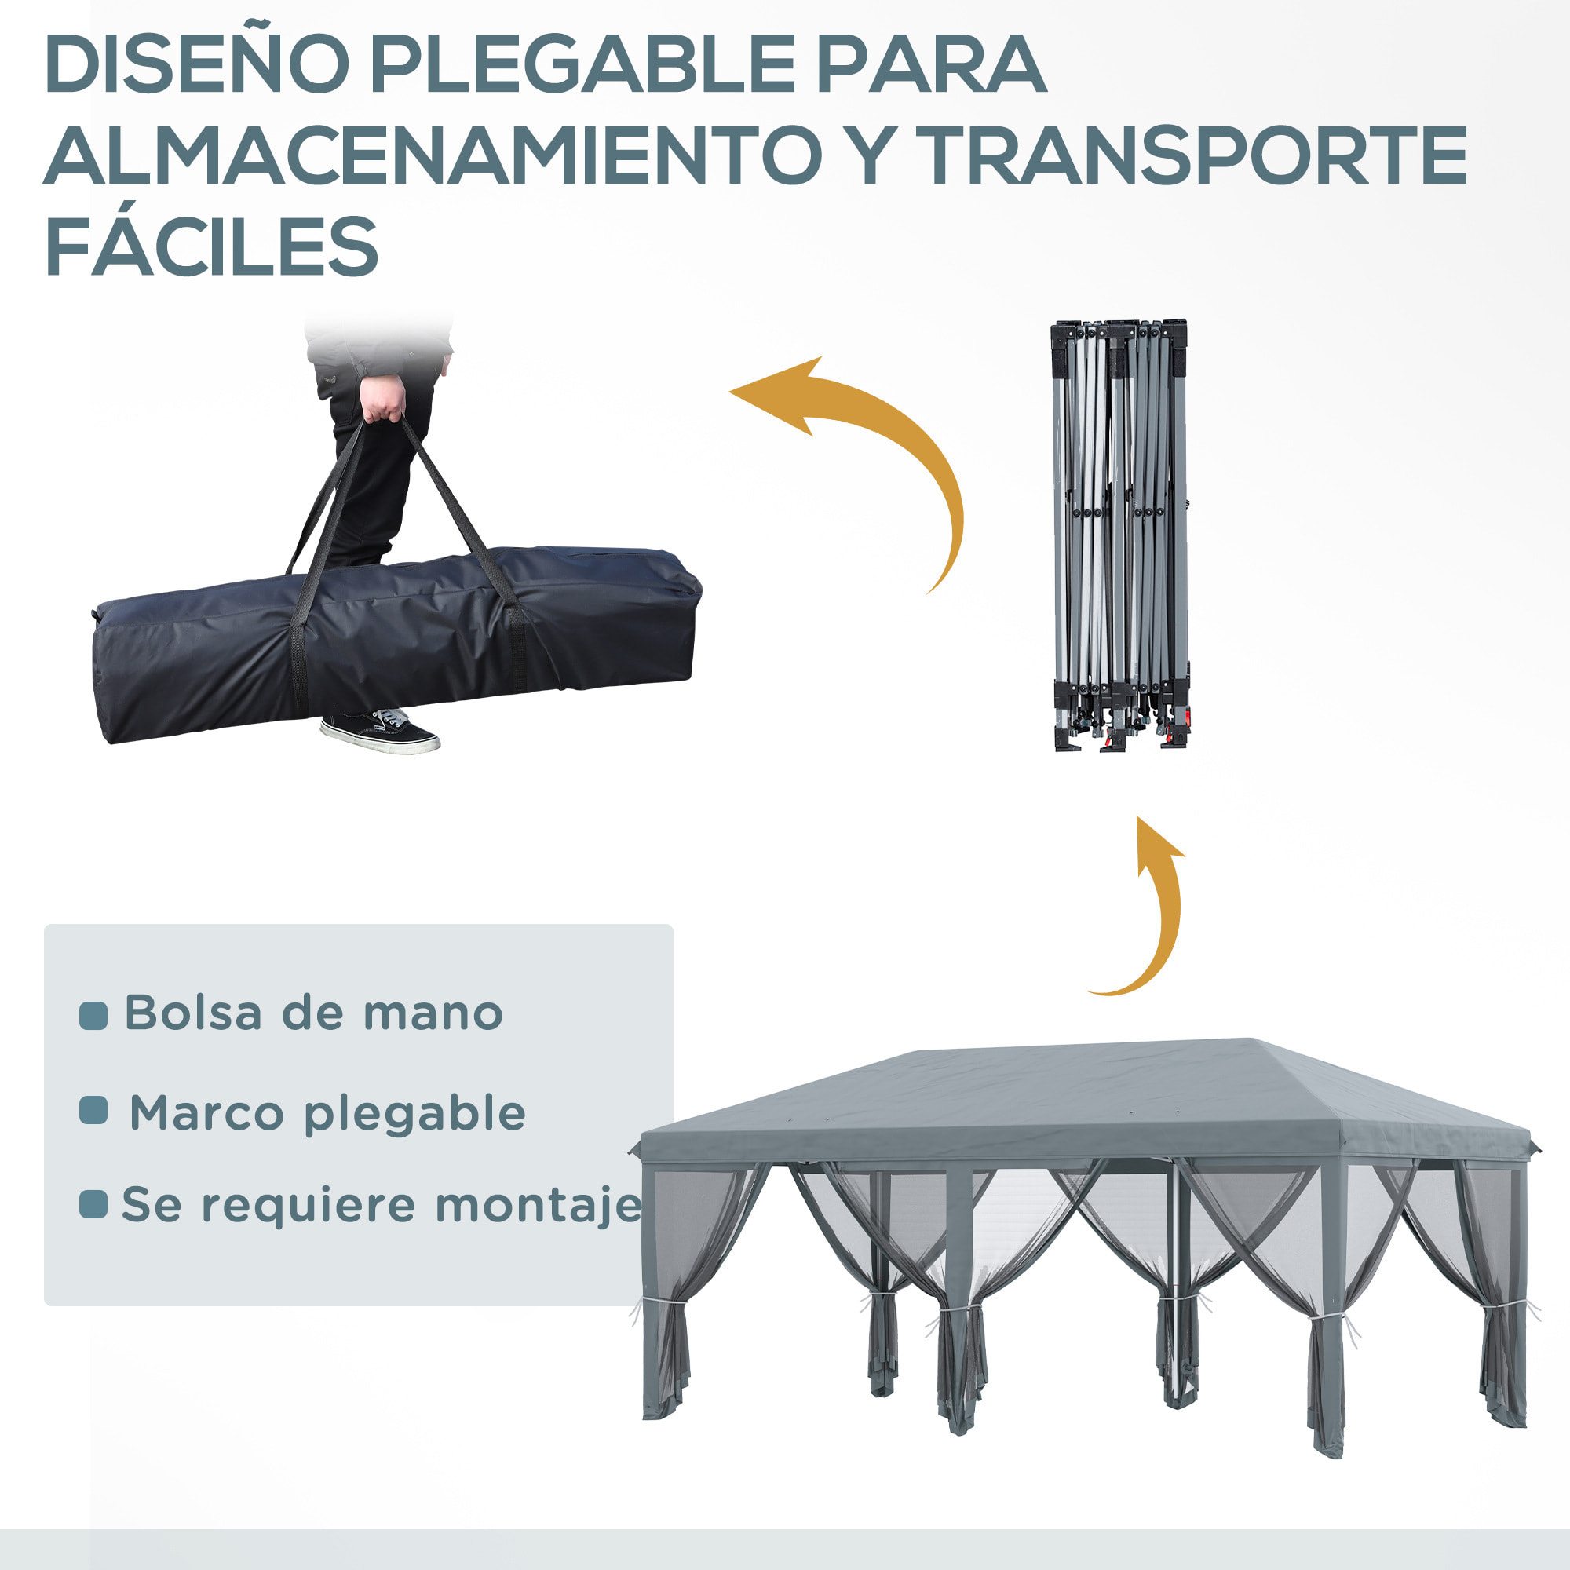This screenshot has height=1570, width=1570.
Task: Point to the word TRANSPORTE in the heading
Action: coord(1196,156)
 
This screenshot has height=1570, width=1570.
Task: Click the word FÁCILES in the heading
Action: coord(211,247)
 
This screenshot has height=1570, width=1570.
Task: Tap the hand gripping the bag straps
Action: coord(382,399)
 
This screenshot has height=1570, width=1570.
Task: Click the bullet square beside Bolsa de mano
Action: coord(93,1016)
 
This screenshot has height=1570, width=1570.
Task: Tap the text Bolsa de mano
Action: coord(313,1014)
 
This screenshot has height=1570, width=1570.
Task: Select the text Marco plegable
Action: coord(327,1114)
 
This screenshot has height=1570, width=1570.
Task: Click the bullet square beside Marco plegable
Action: coord(93,1110)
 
